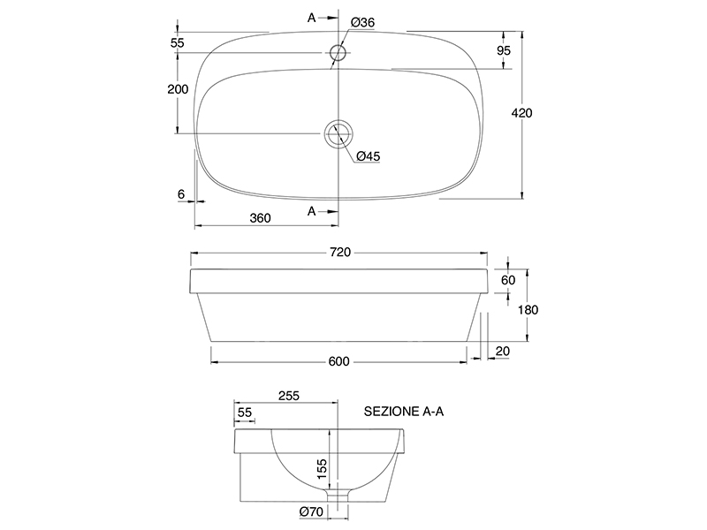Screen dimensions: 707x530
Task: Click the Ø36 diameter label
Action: point(362,22)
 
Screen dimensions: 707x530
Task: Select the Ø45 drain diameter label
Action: point(369,156)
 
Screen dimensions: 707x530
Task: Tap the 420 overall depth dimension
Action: point(521,113)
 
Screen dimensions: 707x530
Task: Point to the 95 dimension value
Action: point(504,50)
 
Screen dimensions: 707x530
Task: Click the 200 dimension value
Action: point(179,89)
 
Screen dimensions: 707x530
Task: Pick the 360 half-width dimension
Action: point(260,218)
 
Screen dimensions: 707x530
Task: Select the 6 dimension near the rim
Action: point(181,194)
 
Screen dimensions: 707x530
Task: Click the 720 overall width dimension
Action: point(340,253)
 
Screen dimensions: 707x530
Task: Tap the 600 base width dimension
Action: point(339,361)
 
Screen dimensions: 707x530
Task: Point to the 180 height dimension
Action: point(528,310)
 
